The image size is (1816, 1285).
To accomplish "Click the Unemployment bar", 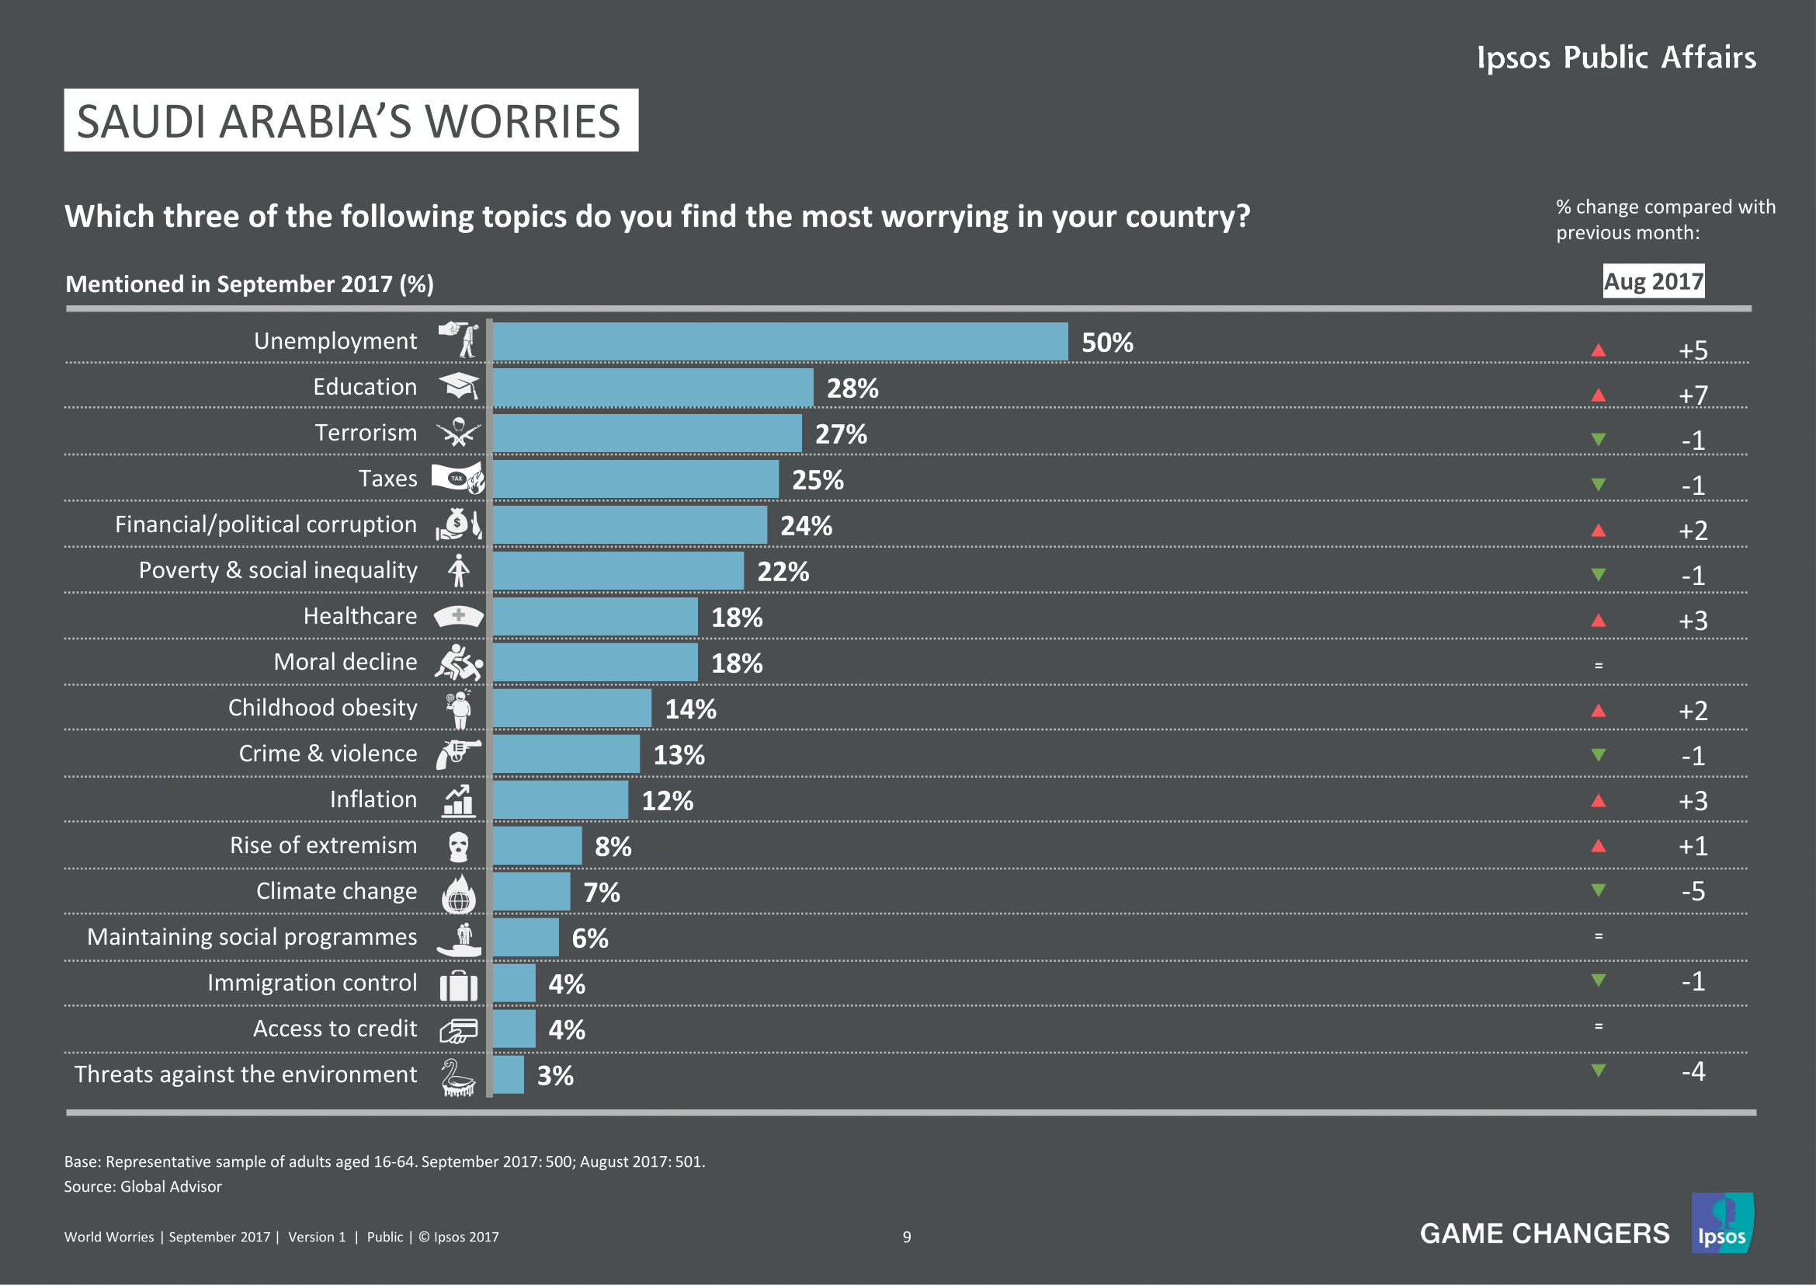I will point(779,342).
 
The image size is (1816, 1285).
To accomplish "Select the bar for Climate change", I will point(531,892).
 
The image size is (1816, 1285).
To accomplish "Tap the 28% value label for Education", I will point(852,388).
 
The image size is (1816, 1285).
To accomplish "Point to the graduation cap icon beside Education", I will point(459,386).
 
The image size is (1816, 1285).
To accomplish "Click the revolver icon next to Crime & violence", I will point(459,754).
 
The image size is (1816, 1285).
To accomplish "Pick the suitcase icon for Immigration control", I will point(459,985).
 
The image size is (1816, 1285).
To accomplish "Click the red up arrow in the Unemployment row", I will point(1598,350).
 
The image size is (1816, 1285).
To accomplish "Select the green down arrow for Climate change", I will point(1598,891).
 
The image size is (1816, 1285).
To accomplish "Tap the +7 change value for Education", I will point(1693,395).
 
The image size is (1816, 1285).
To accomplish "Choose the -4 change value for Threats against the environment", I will point(1693,1071).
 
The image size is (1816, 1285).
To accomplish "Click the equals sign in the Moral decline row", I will point(1599,666).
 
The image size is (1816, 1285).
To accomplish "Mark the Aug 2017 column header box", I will point(1653,281).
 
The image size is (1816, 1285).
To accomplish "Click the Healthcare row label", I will point(360,615).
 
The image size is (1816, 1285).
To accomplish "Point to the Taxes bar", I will point(635,479).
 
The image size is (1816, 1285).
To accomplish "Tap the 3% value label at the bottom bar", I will point(555,1076).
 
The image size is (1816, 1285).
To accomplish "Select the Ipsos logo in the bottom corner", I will point(1721,1224).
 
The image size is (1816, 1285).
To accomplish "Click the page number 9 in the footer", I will point(906,1237).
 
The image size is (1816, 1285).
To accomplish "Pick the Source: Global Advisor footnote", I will point(143,1186).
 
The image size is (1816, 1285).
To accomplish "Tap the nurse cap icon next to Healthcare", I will point(459,615).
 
